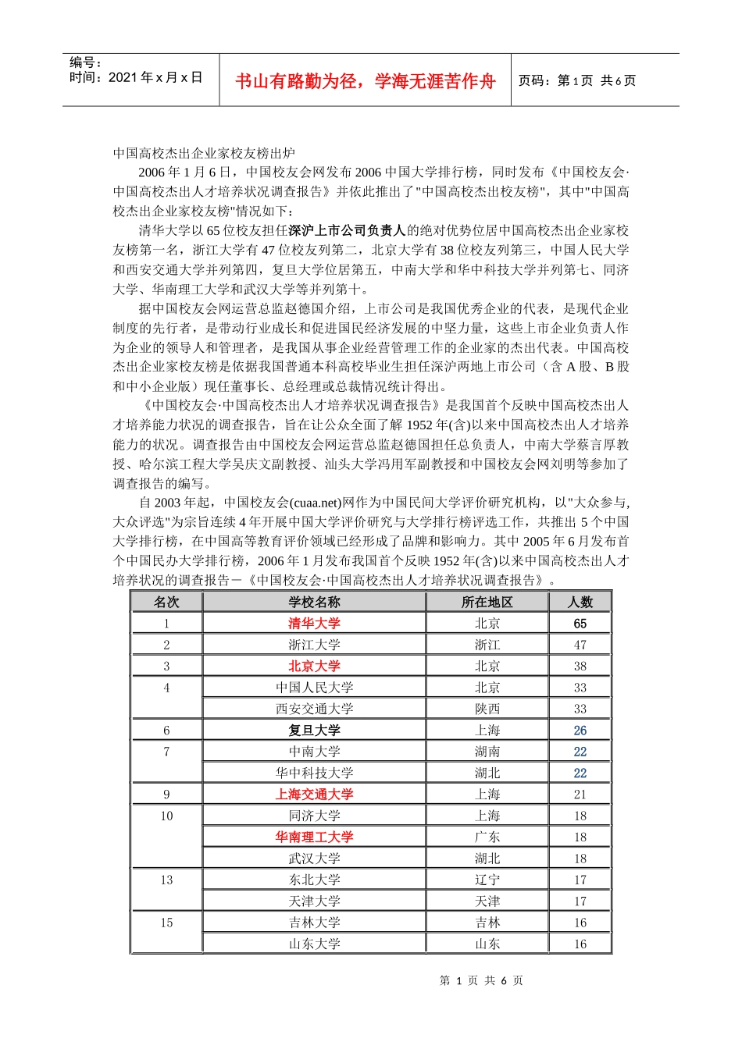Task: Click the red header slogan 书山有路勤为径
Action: [x=365, y=81]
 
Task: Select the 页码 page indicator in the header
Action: [x=577, y=80]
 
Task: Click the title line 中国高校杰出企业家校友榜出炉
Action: [x=204, y=153]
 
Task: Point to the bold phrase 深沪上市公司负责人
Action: [x=347, y=230]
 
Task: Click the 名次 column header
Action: [x=166, y=602]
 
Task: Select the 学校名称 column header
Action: [x=314, y=602]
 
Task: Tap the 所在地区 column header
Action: [x=487, y=602]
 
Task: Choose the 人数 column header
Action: [x=580, y=602]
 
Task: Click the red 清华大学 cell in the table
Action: [x=314, y=623]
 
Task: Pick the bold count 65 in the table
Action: [x=580, y=624]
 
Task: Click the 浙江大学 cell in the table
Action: [x=314, y=645]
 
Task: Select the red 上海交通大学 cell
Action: [x=314, y=794]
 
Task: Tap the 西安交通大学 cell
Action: [x=314, y=709]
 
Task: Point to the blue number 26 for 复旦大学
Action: [x=580, y=731]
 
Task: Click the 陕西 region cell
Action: [x=487, y=709]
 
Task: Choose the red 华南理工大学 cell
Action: [x=314, y=837]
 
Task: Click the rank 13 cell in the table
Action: [x=166, y=880]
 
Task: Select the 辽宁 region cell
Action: [x=487, y=880]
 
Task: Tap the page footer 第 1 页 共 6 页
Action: [x=481, y=980]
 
